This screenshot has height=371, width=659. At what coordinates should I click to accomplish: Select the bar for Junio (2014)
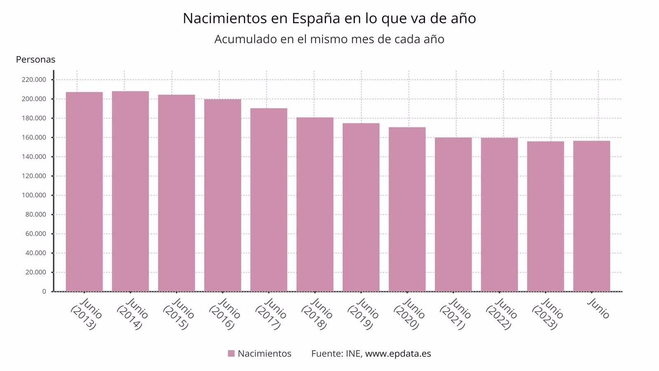pos(130,192)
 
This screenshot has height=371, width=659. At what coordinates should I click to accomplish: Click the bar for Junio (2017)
pos(269,200)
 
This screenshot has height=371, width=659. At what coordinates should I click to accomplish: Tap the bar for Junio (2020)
pos(407,209)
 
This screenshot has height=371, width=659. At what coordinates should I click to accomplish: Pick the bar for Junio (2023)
pos(545,216)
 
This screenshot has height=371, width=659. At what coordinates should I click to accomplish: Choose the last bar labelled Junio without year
pos(591,216)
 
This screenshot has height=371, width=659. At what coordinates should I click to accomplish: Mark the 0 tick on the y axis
pos(44,291)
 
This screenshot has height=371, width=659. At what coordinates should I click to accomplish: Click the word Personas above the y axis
pos(35,59)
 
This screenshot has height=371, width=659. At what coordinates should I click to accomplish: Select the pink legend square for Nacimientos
pos(231,354)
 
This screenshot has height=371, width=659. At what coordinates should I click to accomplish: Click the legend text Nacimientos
pos(264,354)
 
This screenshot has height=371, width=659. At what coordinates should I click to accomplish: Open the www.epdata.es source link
pos(398,354)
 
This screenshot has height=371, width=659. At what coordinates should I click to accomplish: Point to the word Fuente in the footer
pos(326,354)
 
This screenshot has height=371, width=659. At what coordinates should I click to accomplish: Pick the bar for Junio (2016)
pos(222,196)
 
